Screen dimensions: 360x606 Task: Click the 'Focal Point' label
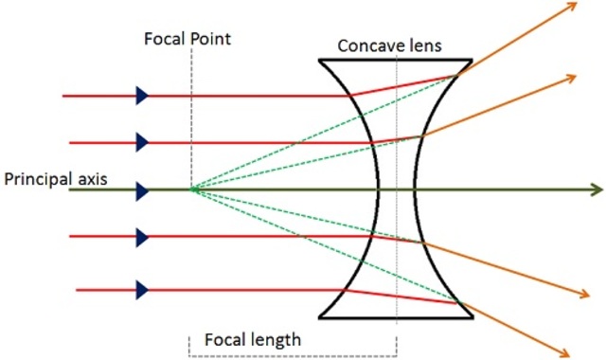pos(187,40)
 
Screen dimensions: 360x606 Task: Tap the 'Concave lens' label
pos(389,45)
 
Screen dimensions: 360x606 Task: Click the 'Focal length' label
pos(253,339)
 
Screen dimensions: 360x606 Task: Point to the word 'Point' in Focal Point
pos(211,40)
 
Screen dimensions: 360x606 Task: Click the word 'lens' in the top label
pos(423,45)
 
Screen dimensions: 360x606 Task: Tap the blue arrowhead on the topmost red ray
pos(142,95)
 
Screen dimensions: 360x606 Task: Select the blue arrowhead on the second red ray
pos(142,142)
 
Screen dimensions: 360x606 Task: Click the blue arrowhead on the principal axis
pos(142,190)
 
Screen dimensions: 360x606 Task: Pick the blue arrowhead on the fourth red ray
pos(142,237)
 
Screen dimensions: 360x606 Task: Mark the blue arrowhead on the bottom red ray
pos(142,289)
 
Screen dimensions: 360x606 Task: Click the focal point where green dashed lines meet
pos(191,190)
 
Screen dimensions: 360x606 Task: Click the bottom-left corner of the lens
pos(319,318)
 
